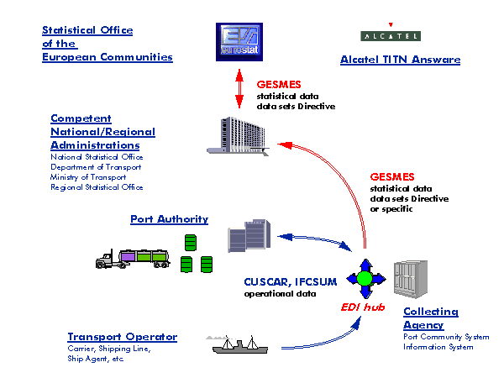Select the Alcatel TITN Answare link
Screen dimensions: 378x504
point(400,60)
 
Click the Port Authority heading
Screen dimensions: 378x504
point(169,219)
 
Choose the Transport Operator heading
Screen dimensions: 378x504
point(123,337)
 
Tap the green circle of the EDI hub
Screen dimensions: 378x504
point(364,278)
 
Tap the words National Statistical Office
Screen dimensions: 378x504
point(96,157)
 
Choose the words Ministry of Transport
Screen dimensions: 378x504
point(88,177)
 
